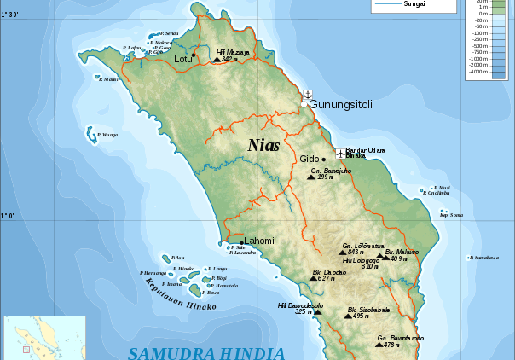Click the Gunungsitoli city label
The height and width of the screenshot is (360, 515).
tap(340, 104)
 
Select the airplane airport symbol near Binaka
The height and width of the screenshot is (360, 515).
tap(340, 154)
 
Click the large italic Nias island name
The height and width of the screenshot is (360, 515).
tap(263, 145)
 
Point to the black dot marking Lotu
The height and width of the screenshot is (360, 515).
tap(194, 55)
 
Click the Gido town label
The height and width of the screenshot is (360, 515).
tap(309, 159)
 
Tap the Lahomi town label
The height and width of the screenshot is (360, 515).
tap(259, 241)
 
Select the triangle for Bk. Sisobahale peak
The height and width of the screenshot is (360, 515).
tap(348, 316)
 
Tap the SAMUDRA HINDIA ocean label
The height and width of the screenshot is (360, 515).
tap(205, 352)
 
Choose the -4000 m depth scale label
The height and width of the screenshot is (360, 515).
tap(477, 71)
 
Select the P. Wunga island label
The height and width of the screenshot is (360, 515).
tap(107, 135)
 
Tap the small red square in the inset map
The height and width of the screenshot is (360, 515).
tap(26, 348)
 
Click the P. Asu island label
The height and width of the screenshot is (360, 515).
tap(178, 257)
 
